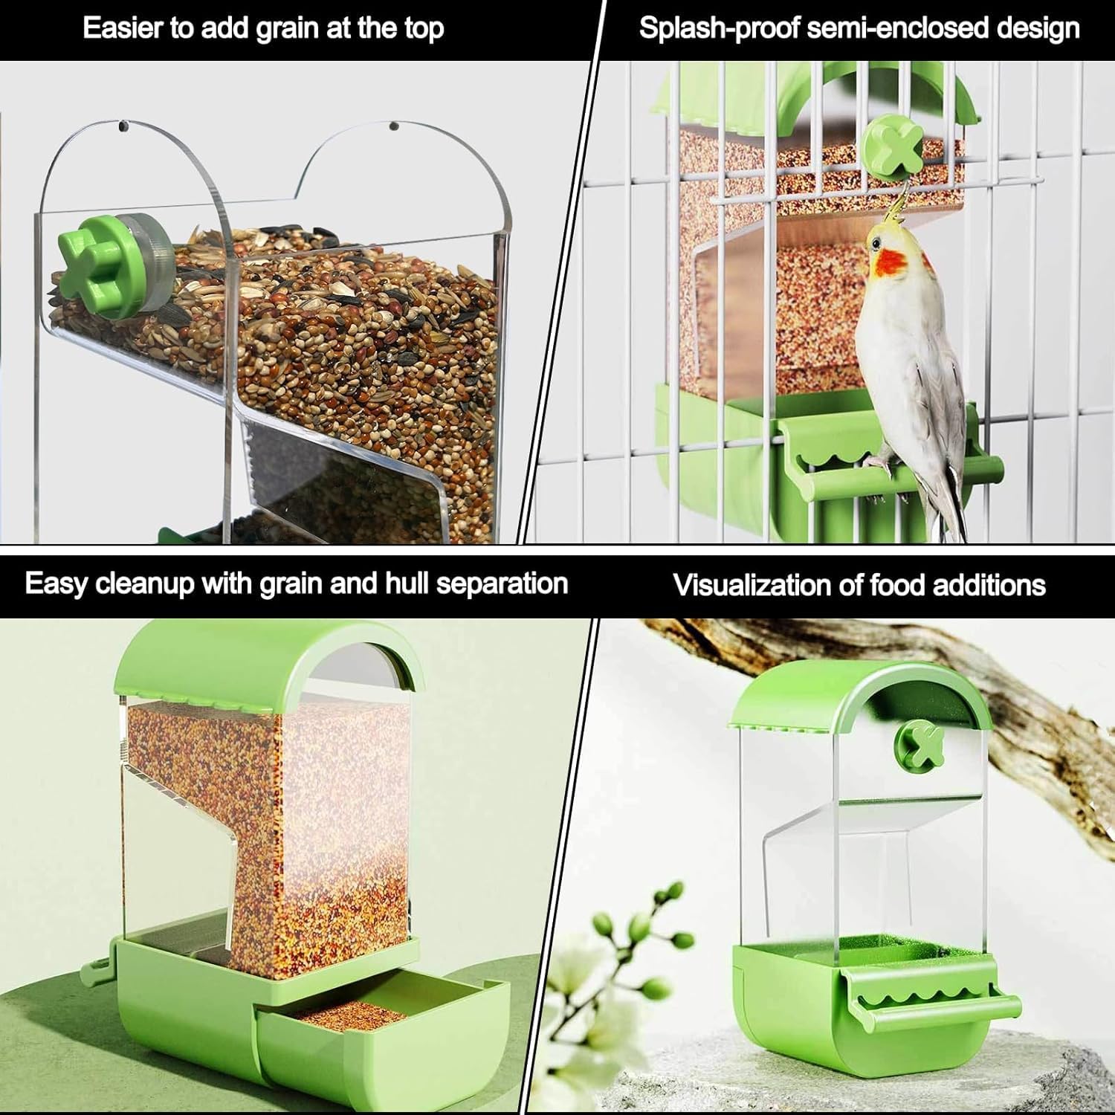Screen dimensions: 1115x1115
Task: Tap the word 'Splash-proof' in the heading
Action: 718,29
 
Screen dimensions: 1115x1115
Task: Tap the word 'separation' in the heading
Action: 502,584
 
